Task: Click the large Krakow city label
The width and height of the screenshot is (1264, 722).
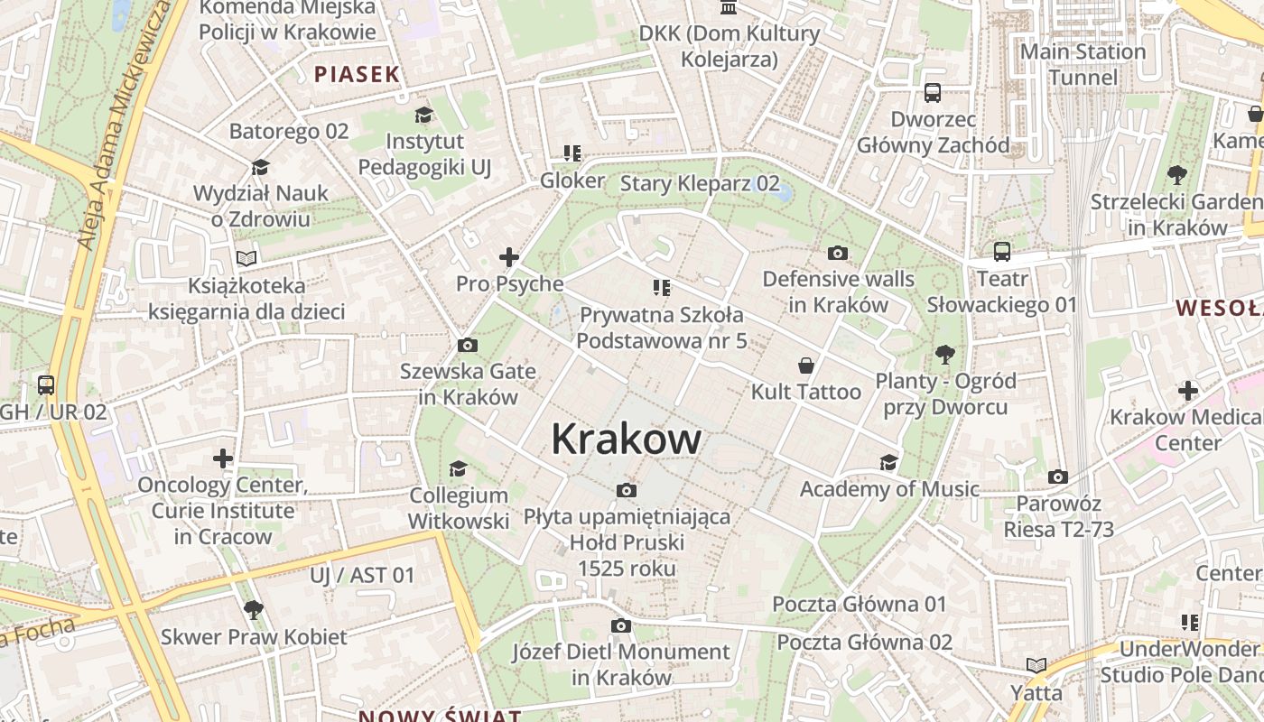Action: point(626,440)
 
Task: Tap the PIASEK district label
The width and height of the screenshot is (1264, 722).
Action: point(357,74)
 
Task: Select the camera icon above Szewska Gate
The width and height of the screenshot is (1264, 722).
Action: point(468,345)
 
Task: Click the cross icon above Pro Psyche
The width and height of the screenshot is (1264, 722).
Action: point(509,257)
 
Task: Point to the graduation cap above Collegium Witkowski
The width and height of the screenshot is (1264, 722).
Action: point(458,468)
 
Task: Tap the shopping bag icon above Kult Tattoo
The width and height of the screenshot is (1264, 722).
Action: point(806,366)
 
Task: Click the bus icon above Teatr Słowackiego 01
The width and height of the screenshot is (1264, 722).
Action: point(1002,252)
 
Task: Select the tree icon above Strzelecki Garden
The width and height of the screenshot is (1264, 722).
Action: point(1176,174)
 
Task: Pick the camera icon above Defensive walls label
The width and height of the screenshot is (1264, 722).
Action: point(838,253)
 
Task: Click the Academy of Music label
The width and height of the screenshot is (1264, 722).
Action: point(889,489)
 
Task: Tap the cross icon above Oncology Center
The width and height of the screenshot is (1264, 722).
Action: point(223,458)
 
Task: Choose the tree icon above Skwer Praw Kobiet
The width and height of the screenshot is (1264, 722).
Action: point(254,609)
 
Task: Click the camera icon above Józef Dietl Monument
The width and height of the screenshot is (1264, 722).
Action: point(620,625)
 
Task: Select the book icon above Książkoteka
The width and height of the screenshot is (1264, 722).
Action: point(246,258)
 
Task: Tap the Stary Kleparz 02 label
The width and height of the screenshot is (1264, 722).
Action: point(700,184)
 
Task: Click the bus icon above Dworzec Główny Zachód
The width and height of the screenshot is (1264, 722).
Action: point(933,93)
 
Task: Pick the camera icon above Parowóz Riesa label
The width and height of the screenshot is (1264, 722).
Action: point(1058,477)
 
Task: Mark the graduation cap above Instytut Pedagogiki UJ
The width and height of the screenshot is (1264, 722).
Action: point(423,115)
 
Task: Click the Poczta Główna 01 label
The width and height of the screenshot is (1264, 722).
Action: point(860,604)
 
